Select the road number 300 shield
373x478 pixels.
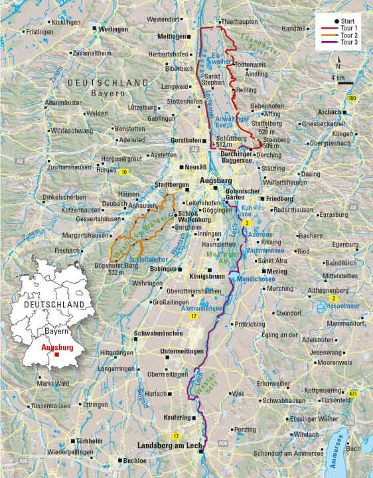tap(352, 98)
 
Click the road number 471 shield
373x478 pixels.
tap(354, 393)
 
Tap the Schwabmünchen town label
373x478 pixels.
tap(157, 333)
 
